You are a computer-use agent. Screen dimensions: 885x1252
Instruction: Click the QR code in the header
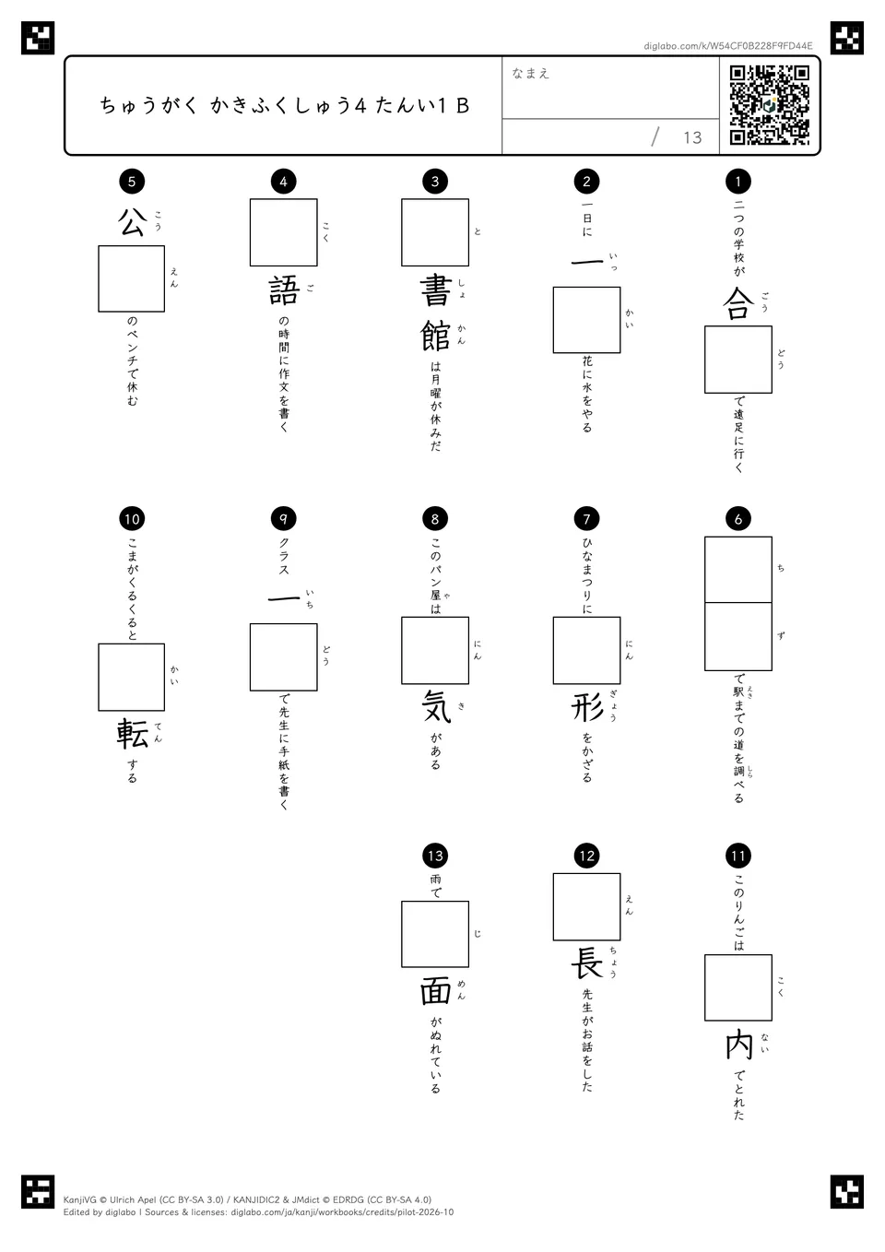pos(770,105)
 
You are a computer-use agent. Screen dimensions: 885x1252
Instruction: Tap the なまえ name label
pos(531,73)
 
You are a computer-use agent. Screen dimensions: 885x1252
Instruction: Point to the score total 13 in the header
pos(692,137)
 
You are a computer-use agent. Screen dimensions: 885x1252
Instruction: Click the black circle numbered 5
pos(132,181)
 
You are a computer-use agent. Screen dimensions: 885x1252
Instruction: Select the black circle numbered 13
pos(435,856)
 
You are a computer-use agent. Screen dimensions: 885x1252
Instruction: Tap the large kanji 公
pos(132,222)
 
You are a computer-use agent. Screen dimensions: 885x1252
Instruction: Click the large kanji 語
pos(284,290)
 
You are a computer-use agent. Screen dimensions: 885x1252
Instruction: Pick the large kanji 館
pos(435,336)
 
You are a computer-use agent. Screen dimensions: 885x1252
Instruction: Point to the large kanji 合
pos(738,303)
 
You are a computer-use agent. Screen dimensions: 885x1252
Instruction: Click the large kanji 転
pos(132,733)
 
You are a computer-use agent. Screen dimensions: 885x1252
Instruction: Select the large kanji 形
pos(586,706)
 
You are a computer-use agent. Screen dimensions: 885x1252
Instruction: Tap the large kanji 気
pos(435,706)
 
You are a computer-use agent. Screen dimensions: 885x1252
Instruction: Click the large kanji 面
pos(435,991)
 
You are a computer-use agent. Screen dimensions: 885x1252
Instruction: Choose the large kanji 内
pos(738,1044)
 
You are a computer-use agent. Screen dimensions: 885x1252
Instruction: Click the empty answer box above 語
pos(284,232)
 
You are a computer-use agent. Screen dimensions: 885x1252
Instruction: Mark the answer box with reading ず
pos(738,637)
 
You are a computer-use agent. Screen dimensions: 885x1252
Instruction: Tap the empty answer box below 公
pos(131,279)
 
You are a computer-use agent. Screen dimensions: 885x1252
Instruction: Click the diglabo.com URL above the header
pos(728,46)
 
